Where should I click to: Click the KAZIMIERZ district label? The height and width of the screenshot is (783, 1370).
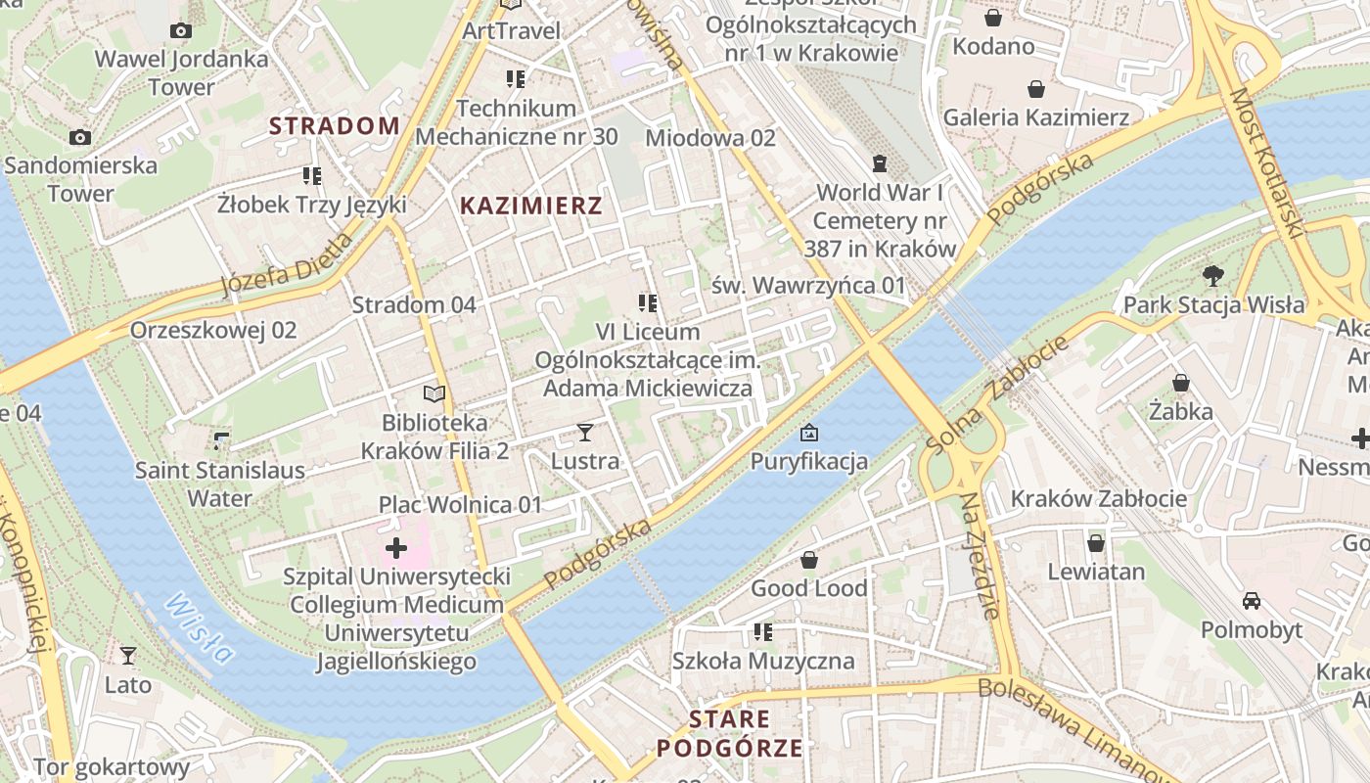531,206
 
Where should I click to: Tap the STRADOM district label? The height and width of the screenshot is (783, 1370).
335,125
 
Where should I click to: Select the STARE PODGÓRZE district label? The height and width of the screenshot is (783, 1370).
729,734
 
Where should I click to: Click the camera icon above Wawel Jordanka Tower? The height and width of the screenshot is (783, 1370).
180,30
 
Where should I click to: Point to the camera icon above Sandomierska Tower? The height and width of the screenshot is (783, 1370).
80,137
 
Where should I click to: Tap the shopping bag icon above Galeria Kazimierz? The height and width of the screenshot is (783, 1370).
1036,90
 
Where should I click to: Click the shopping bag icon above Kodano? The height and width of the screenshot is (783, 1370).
993,18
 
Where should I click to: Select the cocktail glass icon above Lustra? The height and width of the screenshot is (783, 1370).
585,432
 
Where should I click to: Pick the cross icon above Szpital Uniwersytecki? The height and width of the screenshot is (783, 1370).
396,547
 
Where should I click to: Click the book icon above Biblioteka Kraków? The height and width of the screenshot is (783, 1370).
434,393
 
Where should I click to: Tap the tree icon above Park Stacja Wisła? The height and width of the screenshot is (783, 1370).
1213,276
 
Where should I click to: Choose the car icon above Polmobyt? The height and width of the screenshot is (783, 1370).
1252,600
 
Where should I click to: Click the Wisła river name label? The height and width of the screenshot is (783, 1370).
199,628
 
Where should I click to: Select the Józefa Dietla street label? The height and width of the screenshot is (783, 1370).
287,265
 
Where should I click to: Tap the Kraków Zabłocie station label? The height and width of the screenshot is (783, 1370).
1098,498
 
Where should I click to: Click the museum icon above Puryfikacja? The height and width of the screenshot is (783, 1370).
809,432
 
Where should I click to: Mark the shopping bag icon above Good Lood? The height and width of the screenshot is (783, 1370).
809,560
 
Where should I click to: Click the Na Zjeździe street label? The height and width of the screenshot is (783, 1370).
980,555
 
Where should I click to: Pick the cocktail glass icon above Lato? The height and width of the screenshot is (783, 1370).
128,655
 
